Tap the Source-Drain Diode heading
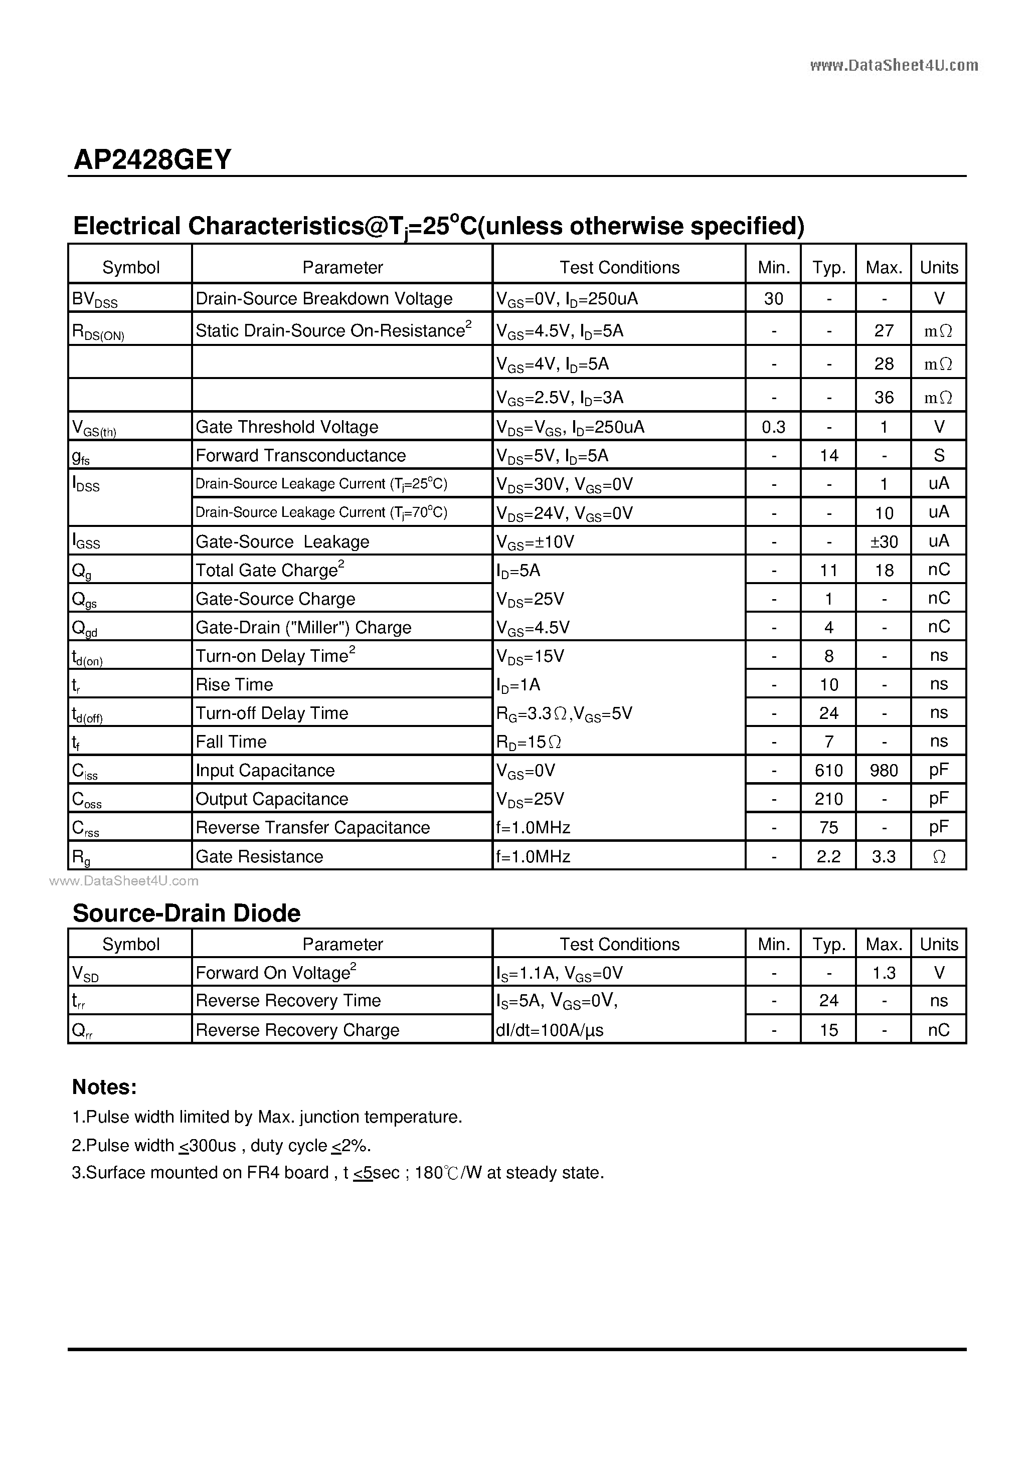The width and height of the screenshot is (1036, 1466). point(186,913)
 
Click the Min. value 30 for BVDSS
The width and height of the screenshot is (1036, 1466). point(773,299)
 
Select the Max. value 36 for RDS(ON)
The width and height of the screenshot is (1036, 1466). point(884,398)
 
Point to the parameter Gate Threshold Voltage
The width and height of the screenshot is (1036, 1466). point(287,427)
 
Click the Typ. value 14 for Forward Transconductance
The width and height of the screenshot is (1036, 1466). point(828,456)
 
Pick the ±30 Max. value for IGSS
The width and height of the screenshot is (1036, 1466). point(884,542)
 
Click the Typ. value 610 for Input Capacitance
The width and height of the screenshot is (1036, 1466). point(828,771)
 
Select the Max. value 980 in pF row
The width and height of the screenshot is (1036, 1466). point(884,771)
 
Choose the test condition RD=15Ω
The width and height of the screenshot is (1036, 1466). point(529,742)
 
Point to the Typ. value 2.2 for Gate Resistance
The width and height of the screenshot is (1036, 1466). point(828,857)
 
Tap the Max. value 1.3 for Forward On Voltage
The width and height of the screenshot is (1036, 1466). point(884,973)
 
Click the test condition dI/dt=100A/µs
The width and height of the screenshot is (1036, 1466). point(549,1030)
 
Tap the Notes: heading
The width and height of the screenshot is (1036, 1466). point(104,1087)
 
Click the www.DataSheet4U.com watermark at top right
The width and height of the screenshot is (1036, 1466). point(894,65)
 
